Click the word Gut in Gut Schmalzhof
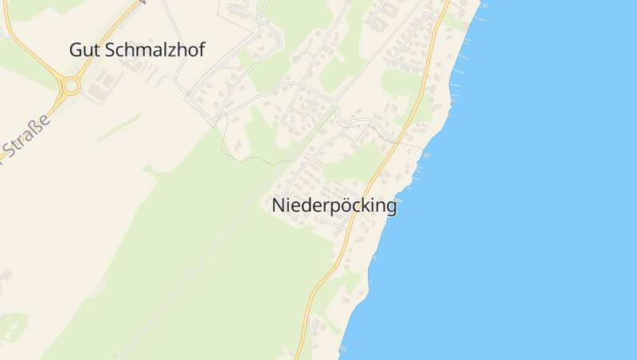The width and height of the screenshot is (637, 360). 84,49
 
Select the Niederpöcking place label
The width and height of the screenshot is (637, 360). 334,205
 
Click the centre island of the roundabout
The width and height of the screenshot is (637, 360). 72,85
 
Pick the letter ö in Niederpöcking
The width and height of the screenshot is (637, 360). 342,205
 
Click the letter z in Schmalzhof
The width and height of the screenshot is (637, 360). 173,49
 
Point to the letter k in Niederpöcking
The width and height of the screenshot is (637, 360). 364,205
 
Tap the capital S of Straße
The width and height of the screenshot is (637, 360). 11,149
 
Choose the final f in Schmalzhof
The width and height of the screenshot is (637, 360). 201,49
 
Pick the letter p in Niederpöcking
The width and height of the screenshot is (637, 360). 330,207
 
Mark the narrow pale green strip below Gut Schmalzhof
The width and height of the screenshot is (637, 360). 119,127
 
